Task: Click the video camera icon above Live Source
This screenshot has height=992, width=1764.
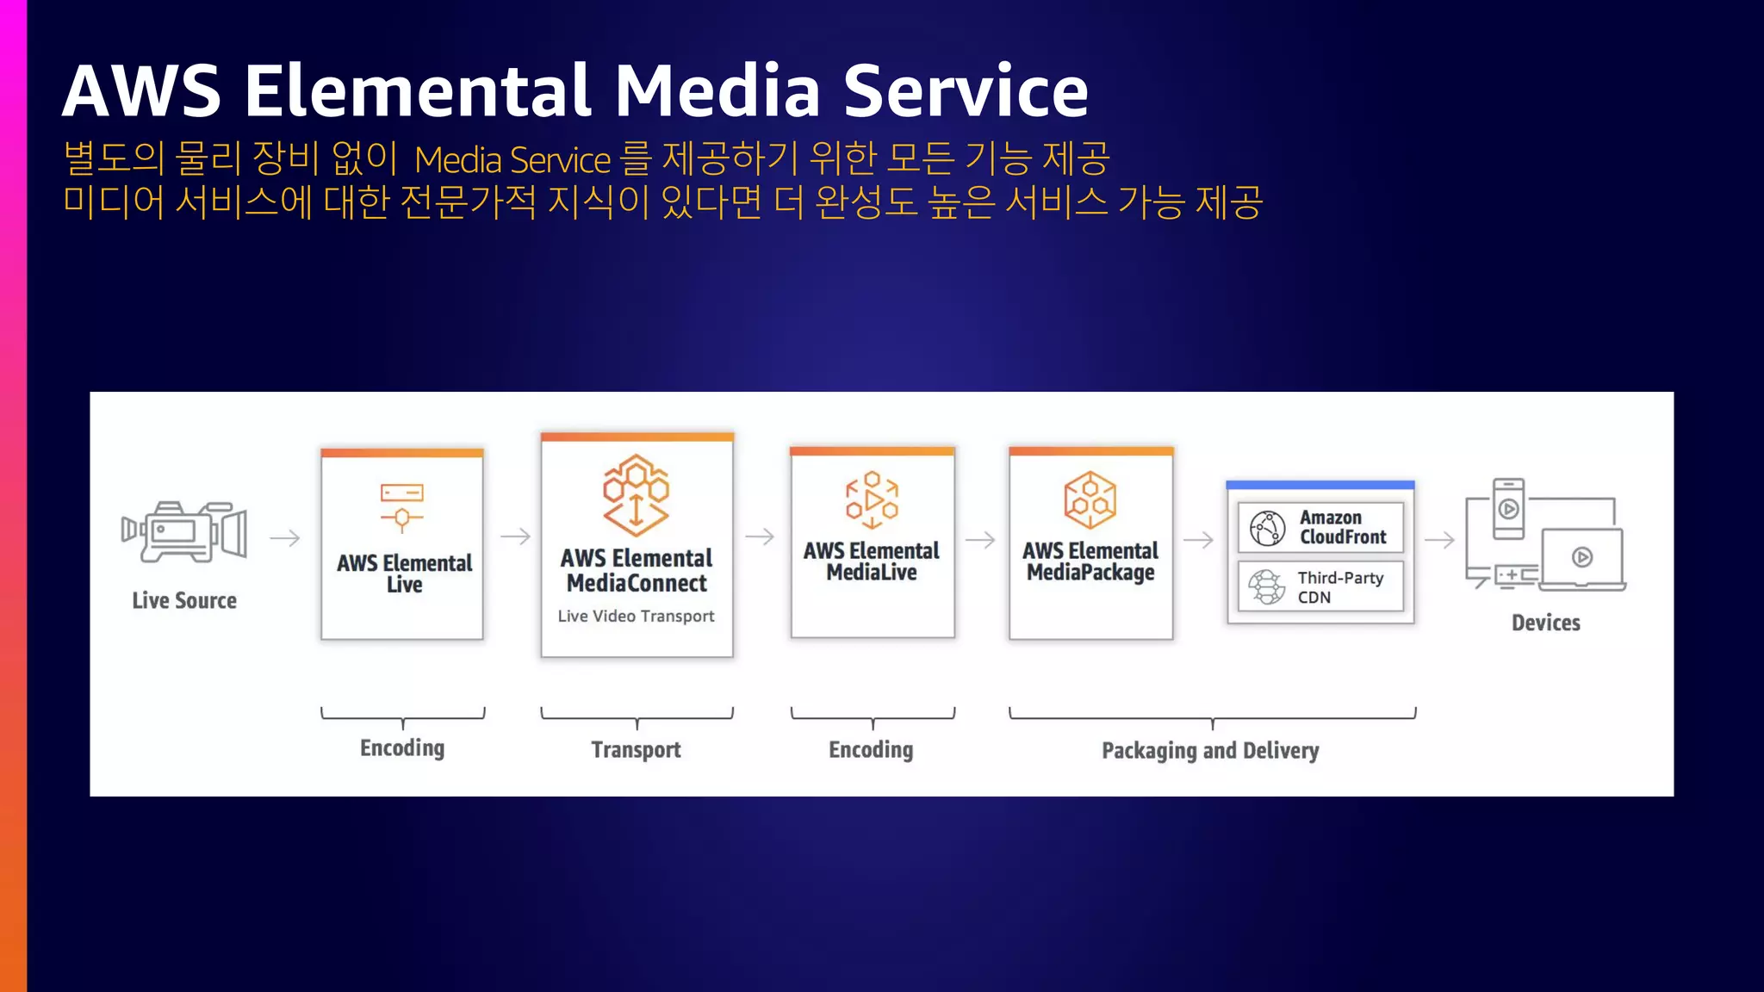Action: [x=184, y=532]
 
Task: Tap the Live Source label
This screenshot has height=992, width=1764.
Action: [x=184, y=600]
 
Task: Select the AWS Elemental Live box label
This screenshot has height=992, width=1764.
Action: [x=404, y=573]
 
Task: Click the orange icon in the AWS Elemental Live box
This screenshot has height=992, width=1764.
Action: [x=402, y=506]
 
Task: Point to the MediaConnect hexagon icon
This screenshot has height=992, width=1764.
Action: [x=636, y=495]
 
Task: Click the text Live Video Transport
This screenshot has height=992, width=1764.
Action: [x=636, y=616]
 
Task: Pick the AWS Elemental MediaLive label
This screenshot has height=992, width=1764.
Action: [x=872, y=561]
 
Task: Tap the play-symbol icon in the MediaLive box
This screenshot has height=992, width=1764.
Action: [x=872, y=499]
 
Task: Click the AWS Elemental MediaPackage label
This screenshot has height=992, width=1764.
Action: [x=1090, y=561]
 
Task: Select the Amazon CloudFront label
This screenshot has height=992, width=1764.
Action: [x=1343, y=527]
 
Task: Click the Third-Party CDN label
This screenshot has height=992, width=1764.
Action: [x=1339, y=587]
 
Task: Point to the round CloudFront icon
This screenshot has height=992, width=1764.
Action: [x=1267, y=528]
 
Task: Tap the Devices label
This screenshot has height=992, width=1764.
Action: [x=1545, y=623]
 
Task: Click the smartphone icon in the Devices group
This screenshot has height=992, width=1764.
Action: [x=1508, y=509]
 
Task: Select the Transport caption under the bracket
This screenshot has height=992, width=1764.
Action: [x=636, y=749]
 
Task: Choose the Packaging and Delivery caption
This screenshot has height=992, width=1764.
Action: [x=1210, y=750]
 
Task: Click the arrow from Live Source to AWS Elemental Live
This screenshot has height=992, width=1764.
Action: [x=284, y=538]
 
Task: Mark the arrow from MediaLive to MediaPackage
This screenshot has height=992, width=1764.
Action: [x=980, y=540]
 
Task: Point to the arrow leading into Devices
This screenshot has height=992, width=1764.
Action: [x=1439, y=540]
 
